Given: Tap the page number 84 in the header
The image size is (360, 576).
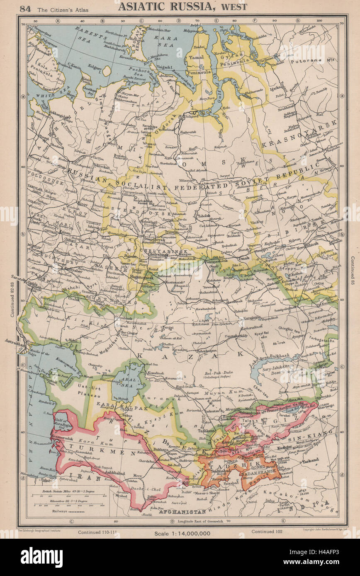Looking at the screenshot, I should [x=25, y=7].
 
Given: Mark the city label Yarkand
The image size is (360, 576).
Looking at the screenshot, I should [x=310, y=460].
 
